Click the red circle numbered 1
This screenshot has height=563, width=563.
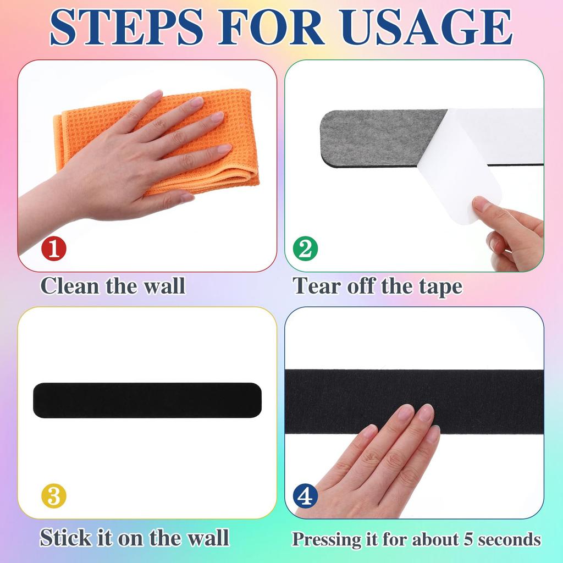tap(54, 248)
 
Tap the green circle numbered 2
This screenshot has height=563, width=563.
tap(305, 248)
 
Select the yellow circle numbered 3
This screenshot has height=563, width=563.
tap(54, 496)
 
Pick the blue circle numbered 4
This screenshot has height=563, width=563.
tap(305, 496)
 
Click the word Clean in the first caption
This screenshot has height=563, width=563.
tap(70, 286)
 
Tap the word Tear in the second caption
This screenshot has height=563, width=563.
tap(316, 286)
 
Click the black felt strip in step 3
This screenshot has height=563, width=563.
tap(147, 400)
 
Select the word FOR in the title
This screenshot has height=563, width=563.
tap(272, 27)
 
